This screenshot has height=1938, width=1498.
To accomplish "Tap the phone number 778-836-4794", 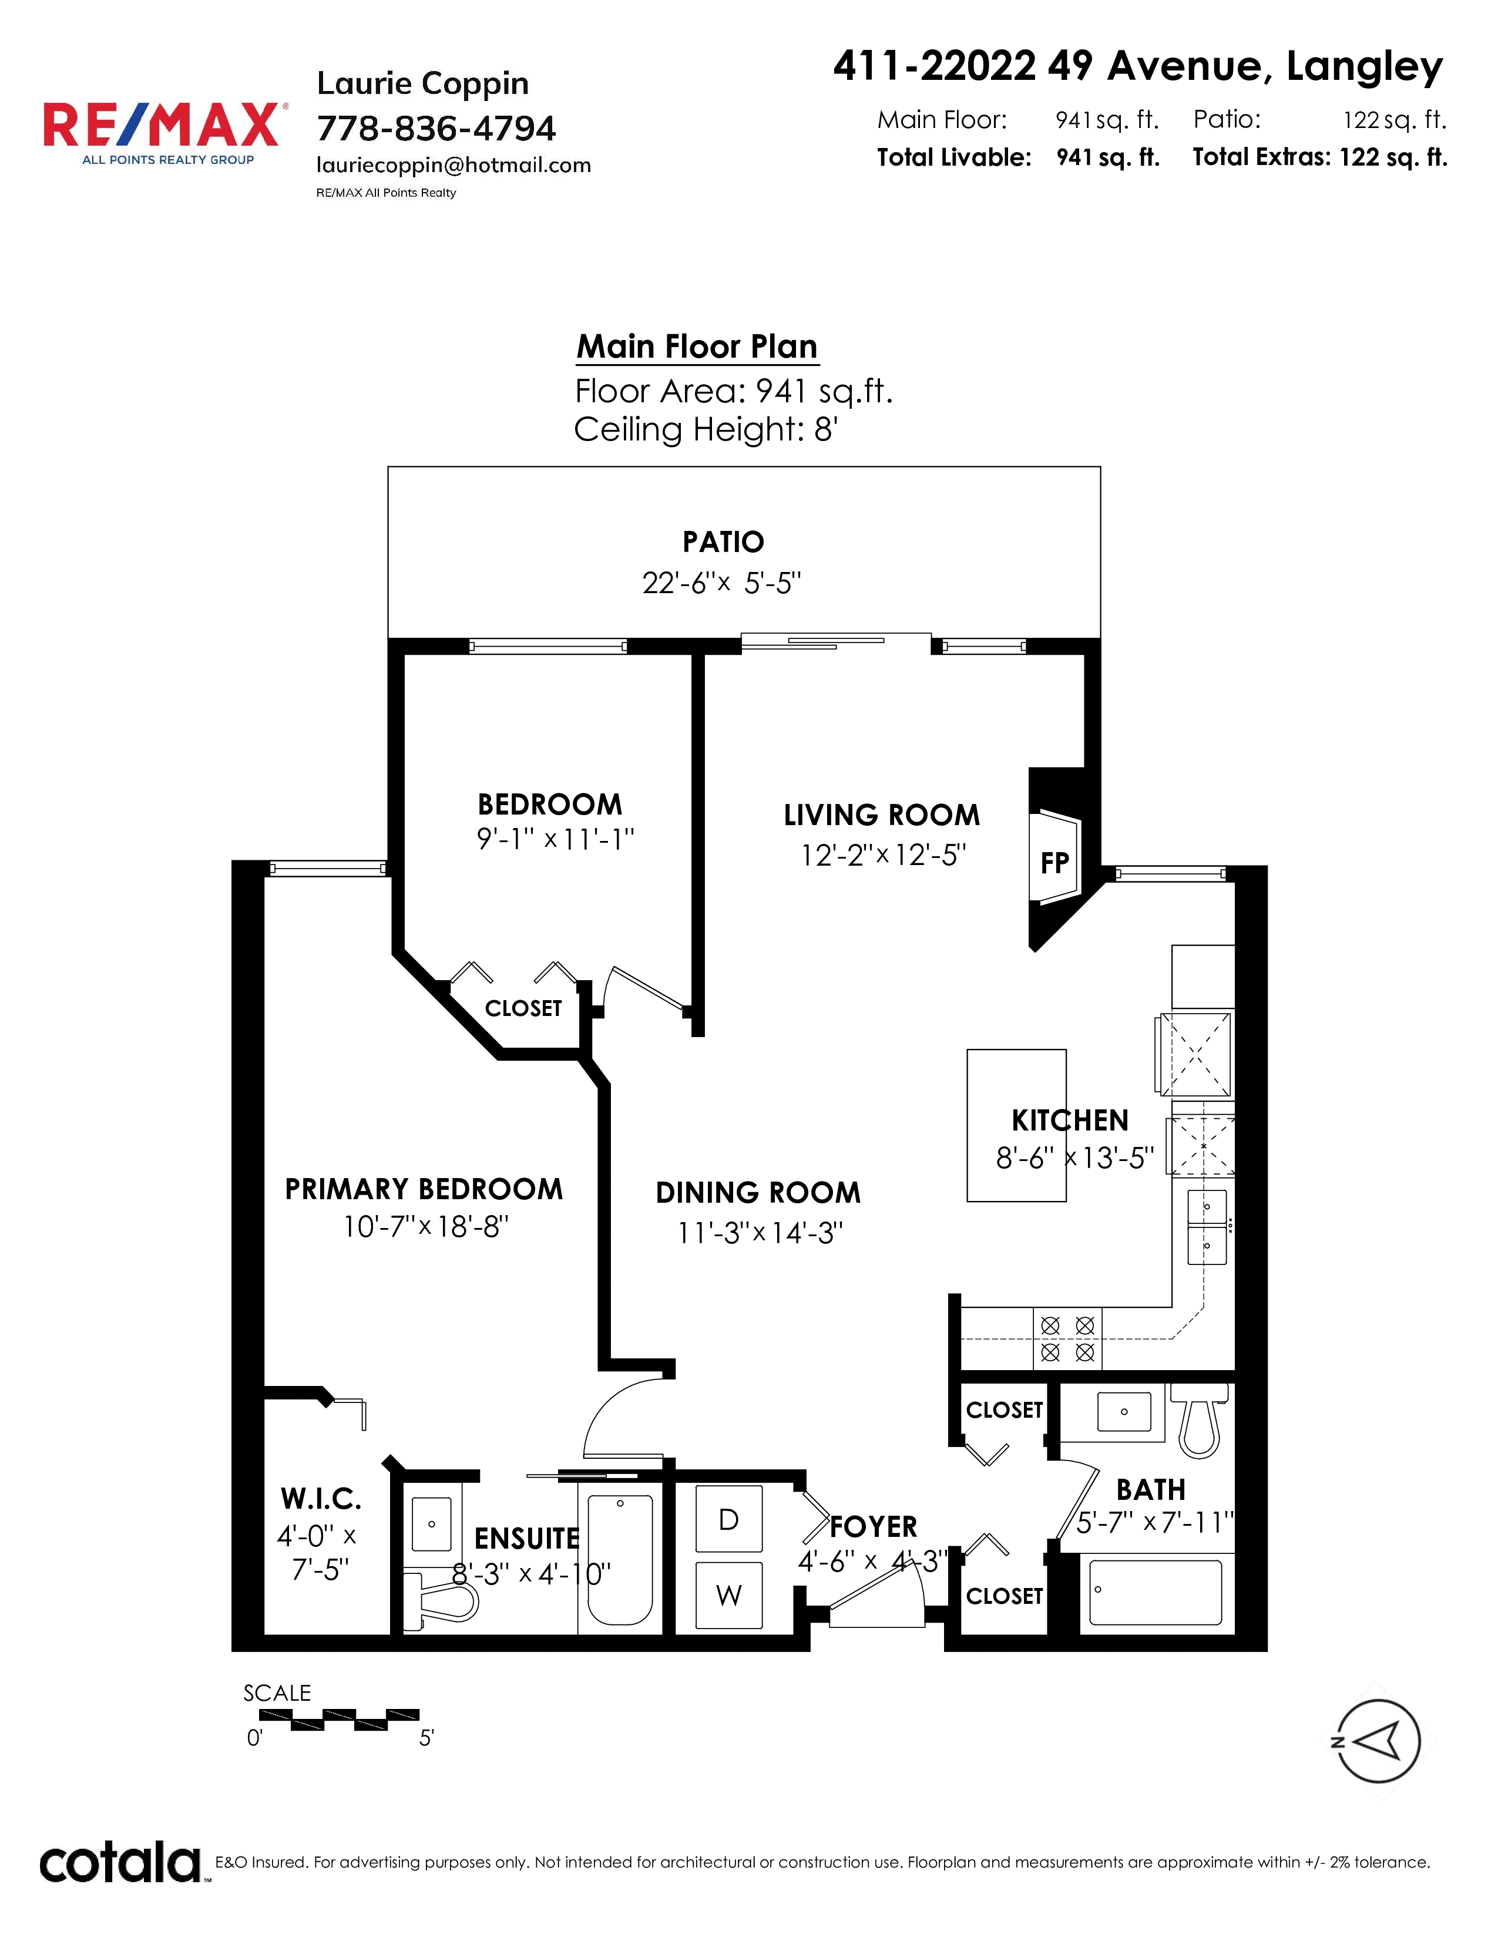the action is point(436,129).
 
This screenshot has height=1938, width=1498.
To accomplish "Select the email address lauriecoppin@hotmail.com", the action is point(454,165).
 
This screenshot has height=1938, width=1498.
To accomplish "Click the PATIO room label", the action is point(723,541).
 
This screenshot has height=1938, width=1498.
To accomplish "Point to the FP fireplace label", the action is point(1054,863).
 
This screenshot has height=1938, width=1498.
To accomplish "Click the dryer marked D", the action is point(728,1519).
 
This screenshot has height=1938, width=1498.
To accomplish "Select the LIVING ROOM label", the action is point(881,815).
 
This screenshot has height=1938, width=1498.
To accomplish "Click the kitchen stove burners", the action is point(1067,1338).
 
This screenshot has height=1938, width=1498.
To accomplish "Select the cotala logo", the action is point(120,1863).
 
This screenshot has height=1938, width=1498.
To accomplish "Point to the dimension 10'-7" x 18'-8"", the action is point(426,1227).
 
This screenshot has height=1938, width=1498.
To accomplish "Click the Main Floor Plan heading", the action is point(697,346).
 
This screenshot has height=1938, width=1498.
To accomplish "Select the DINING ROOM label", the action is point(758,1193).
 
